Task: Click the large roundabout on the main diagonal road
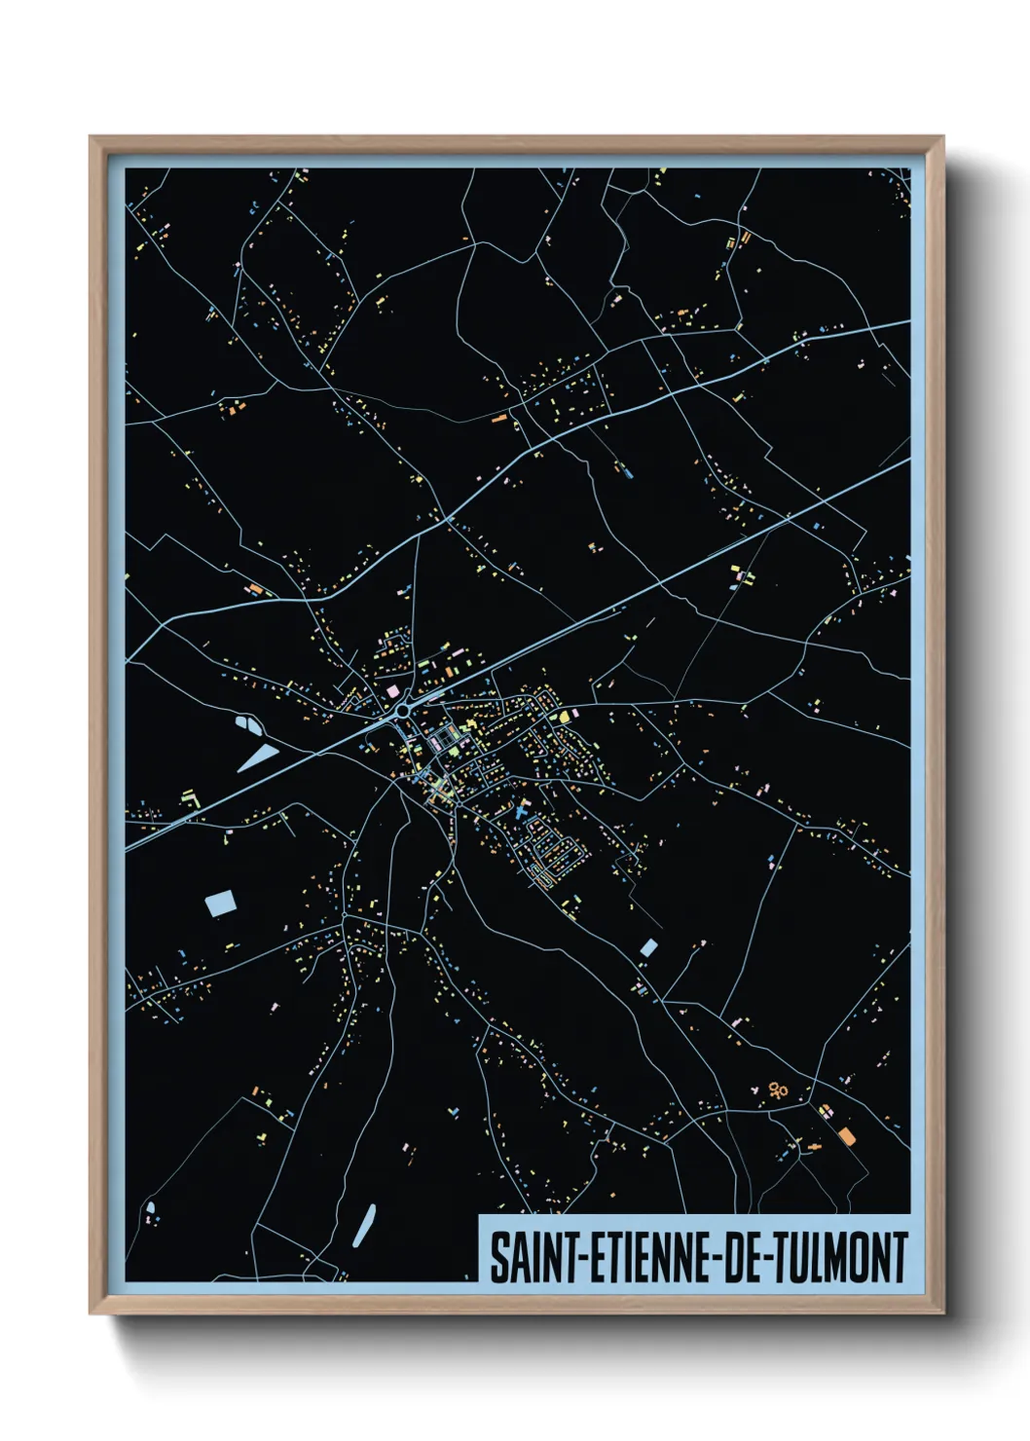click(401, 712)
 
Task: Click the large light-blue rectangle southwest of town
click(220, 903)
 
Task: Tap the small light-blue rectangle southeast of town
click(648, 947)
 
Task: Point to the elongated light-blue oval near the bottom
click(365, 1223)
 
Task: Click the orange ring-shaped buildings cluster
click(777, 1090)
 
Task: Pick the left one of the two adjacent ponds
click(244, 723)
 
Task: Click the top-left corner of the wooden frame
click(91, 137)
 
